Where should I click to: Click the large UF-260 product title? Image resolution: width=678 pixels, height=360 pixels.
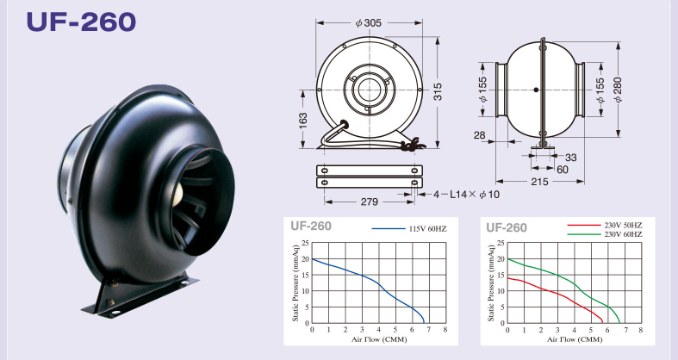[81, 22]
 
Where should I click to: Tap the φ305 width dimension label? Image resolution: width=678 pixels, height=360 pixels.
[369, 23]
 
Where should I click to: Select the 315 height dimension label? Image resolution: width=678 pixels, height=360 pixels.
[438, 92]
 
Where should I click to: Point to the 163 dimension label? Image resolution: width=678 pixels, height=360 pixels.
[302, 121]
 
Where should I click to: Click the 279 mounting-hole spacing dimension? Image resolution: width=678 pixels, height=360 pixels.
[370, 202]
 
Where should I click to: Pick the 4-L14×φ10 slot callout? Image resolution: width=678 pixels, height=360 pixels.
[467, 195]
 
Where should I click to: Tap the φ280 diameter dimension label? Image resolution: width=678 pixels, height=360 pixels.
[618, 90]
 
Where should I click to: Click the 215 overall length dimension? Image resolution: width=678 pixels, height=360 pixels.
[539, 182]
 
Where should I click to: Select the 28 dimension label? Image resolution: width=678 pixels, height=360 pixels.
[480, 135]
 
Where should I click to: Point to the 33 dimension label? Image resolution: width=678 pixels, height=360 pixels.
[571, 158]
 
